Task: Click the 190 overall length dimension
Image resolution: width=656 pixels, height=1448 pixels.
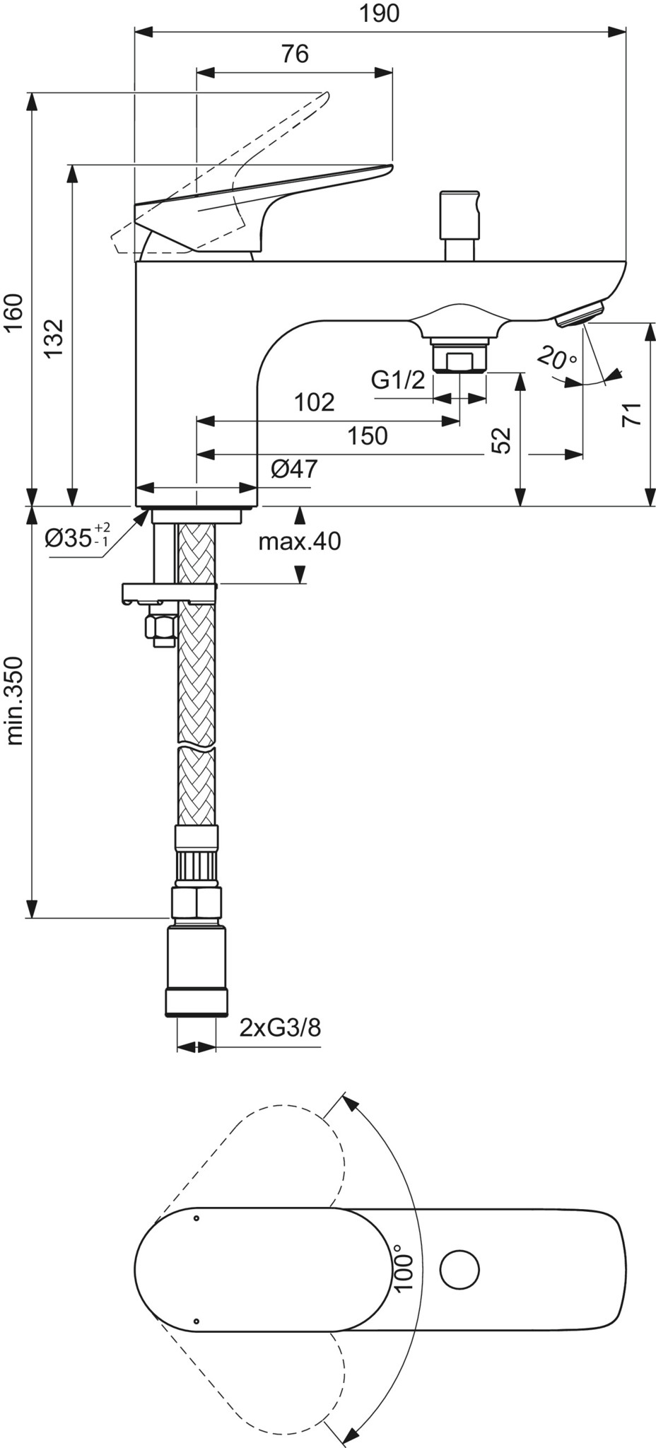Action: (380, 13)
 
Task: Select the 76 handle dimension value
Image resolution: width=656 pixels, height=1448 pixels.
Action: (295, 54)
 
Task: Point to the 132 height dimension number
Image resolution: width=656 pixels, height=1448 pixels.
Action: (54, 339)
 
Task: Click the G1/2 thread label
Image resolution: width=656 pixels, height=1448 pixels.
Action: (399, 380)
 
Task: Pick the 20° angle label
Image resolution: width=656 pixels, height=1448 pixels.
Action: (556, 356)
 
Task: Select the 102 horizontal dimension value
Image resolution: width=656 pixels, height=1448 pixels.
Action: (314, 402)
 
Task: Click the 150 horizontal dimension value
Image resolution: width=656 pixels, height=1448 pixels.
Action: (368, 436)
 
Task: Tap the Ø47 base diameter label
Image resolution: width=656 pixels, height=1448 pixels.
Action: (294, 468)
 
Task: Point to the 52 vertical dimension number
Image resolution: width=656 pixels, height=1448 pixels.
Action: (500, 440)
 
